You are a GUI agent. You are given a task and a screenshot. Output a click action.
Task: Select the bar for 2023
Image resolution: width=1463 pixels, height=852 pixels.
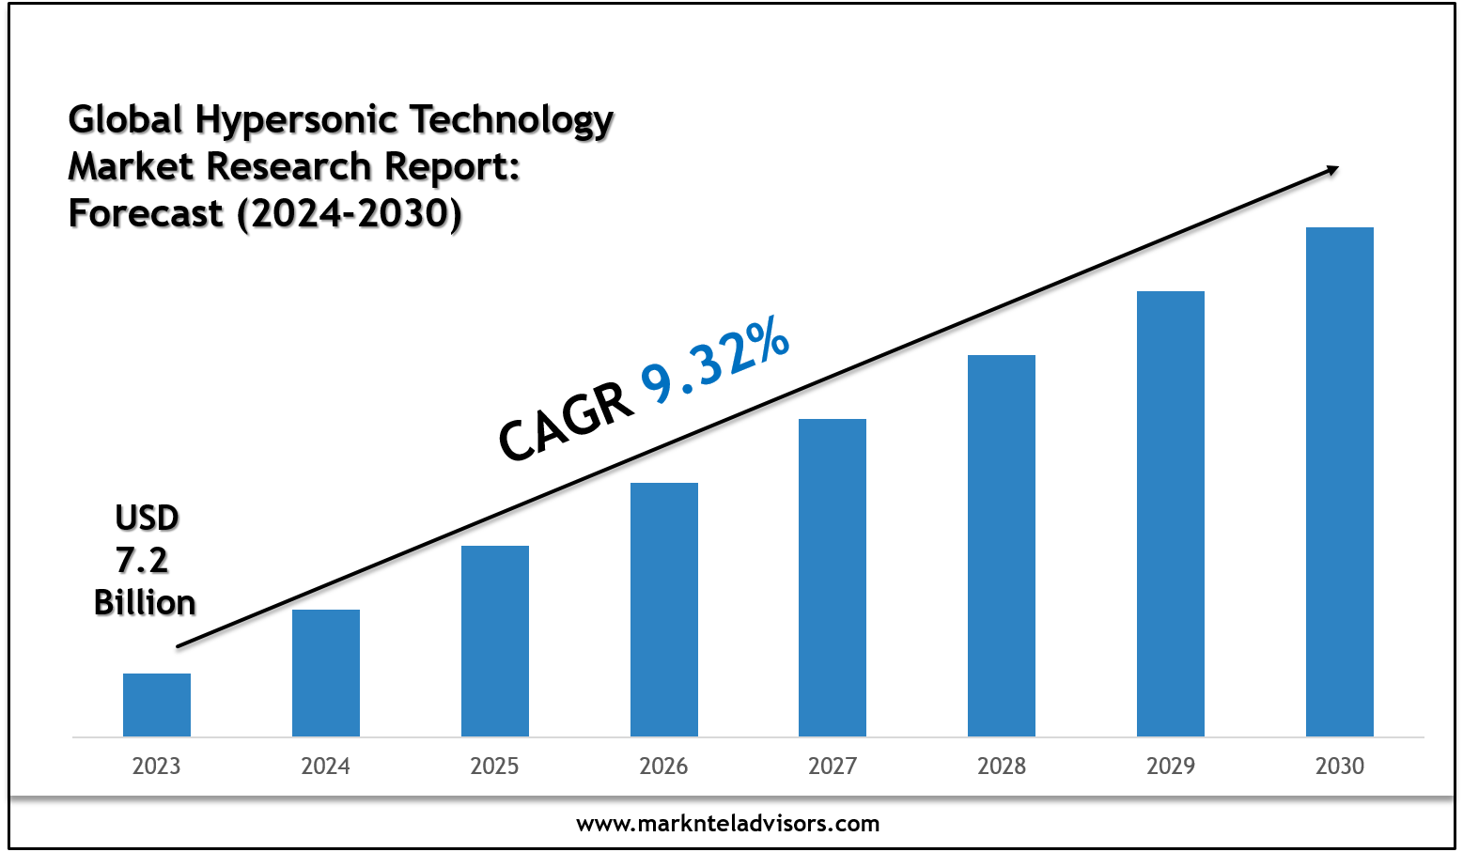(157, 705)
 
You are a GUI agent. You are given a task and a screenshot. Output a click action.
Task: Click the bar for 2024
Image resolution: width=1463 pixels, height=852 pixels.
(326, 673)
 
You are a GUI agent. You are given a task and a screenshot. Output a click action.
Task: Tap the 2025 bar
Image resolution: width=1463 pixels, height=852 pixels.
(495, 641)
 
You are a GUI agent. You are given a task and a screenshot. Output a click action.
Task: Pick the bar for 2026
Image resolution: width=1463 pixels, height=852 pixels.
(664, 609)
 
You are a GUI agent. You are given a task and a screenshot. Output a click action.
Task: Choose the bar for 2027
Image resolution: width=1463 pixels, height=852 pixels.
(833, 577)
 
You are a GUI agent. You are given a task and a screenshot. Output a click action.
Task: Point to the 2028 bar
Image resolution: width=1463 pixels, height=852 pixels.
(1002, 545)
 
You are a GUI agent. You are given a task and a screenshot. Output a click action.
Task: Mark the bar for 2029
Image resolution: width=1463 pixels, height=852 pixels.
(1171, 513)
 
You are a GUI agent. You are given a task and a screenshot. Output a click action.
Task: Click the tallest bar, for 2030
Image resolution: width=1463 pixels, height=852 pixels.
(1340, 481)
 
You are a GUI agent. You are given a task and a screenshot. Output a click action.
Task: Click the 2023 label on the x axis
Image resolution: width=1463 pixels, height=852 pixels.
(157, 767)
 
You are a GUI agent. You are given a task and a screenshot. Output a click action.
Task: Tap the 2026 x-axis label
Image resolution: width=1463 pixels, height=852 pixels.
(664, 767)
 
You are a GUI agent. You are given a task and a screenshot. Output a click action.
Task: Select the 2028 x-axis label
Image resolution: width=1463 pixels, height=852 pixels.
(1002, 767)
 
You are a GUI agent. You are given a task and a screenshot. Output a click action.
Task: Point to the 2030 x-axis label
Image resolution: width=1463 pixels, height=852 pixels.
(1340, 767)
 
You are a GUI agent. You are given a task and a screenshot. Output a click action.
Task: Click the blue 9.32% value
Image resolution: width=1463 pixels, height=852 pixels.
(716, 362)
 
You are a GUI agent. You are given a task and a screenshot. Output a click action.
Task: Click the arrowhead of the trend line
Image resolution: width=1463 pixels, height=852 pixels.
(1331, 169)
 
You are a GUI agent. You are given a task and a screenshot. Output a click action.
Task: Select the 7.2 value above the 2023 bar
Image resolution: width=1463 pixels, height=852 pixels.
(142, 560)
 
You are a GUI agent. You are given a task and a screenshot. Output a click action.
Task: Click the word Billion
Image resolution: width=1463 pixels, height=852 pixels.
(145, 602)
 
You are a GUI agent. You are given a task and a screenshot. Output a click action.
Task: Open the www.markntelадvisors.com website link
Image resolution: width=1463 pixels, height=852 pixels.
(728, 824)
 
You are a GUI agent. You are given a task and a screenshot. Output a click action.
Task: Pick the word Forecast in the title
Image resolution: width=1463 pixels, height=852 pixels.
(147, 213)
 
